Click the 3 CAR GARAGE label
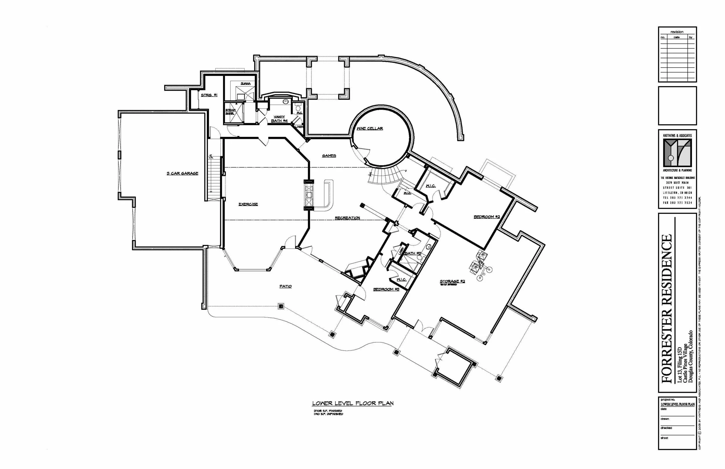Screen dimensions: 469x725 tap(182, 173)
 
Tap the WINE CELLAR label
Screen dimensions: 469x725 tap(370, 128)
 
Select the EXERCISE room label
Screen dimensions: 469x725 tap(248, 204)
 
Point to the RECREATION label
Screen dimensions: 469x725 tap(347, 218)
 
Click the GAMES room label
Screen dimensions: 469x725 tap(329, 156)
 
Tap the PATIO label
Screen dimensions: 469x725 tap(285, 286)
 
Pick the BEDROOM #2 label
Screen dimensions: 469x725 tap(487, 217)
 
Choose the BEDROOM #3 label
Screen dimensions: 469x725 tap(386, 289)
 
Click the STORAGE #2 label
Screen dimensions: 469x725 tap(452, 281)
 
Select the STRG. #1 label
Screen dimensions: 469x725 tap(209, 95)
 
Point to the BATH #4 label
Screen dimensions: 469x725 tap(279, 121)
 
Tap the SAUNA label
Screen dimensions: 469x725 tap(246, 83)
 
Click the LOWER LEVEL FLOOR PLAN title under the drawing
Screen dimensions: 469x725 tap(353, 403)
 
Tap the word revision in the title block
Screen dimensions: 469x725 tap(677, 32)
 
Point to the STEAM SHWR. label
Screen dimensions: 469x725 tap(230, 112)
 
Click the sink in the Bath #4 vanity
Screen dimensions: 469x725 tap(285, 102)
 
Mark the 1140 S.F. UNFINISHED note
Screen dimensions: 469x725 tap(328, 414)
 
